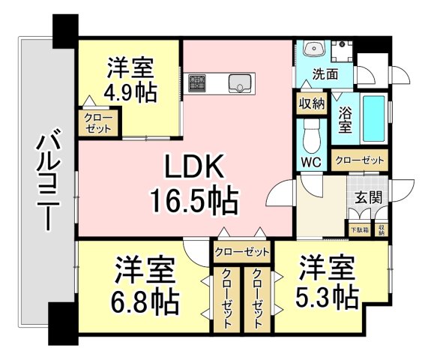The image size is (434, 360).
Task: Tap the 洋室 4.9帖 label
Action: pyautogui.click(x=129, y=81)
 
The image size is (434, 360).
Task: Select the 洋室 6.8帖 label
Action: pyautogui.click(x=146, y=286)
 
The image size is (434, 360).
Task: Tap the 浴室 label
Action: pyautogui.click(x=345, y=121)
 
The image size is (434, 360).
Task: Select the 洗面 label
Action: pyautogui.click(x=325, y=74)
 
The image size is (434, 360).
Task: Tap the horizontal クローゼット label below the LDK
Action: pyautogui.click(x=241, y=251)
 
